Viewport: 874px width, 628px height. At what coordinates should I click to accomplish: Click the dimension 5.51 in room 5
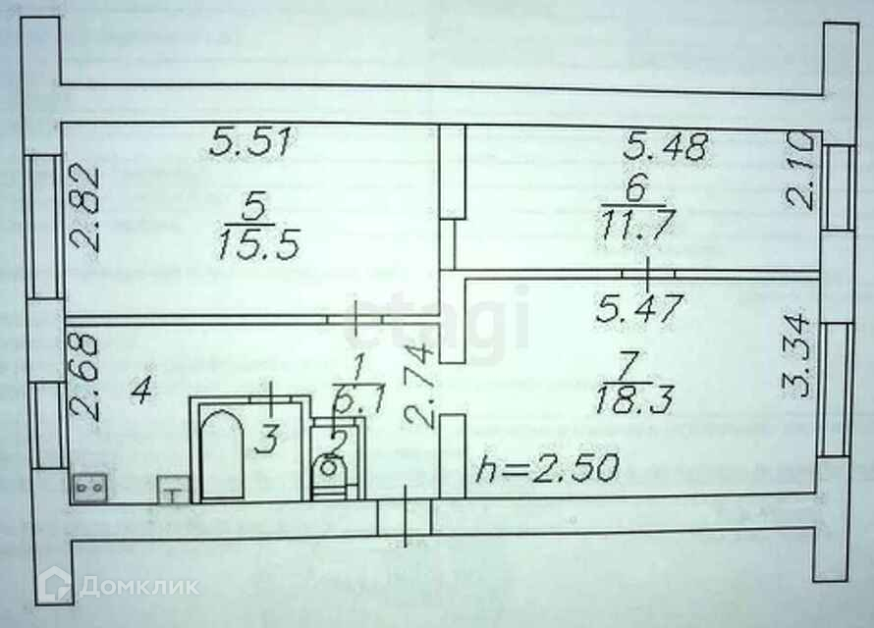tap(250, 144)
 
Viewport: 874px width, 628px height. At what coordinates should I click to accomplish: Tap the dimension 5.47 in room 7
tap(639, 311)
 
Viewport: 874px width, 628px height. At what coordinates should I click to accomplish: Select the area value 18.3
tap(632, 399)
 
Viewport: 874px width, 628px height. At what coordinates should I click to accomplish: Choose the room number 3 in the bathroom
tap(264, 439)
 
